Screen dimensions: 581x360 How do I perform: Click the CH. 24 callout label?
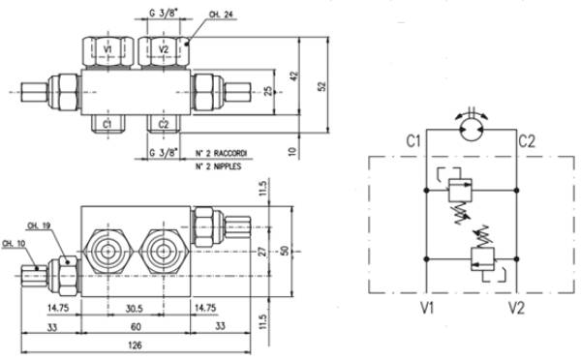click(221, 15)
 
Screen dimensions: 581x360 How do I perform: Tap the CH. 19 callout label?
click(39, 225)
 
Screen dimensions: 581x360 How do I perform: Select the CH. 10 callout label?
click(14, 243)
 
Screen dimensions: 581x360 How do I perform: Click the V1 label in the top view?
click(107, 49)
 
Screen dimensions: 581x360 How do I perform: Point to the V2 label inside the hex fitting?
click(164, 49)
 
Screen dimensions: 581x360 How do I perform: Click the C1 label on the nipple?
click(107, 125)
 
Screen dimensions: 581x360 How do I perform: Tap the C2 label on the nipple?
click(163, 125)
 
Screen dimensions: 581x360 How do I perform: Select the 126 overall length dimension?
click(135, 345)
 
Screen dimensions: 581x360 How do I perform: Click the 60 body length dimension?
click(136, 327)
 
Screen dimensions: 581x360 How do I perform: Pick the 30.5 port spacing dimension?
click(134, 309)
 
